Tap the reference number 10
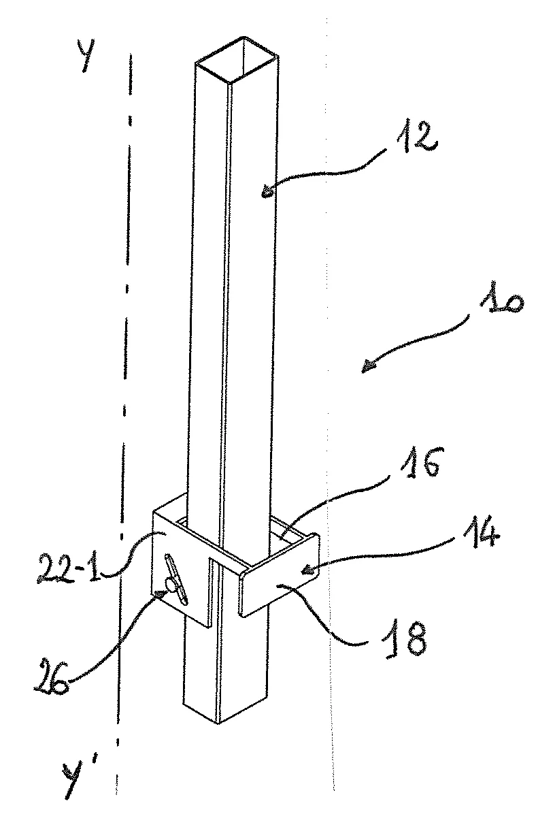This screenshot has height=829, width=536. point(501,304)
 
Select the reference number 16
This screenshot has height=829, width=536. point(418,462)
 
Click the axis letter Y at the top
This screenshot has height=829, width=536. point(86,54)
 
